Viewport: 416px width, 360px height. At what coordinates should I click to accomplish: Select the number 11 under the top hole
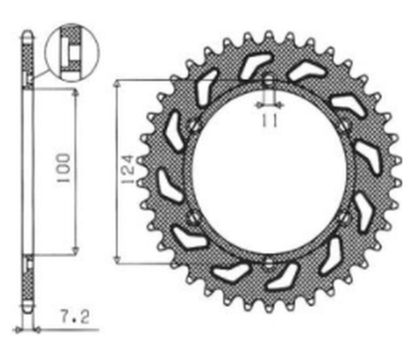(x=269, y=120)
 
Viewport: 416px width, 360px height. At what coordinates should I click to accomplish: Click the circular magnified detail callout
(x=72, y=54)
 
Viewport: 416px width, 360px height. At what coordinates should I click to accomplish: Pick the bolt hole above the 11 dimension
(x=269, y=81)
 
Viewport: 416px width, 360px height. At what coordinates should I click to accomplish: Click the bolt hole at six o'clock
(x=268, y=262)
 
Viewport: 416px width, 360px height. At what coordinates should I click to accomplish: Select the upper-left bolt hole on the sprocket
(x=193, y=125)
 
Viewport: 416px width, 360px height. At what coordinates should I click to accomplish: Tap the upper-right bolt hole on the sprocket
(x=345, y=125)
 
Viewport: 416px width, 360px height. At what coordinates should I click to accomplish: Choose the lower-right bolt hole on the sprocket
(x=345, y=216)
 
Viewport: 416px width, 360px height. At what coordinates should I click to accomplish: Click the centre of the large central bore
(x=269, y=171)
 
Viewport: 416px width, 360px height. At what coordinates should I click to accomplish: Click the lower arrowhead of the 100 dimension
(x=75, y=251)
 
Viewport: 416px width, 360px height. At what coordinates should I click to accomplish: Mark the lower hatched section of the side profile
(x=28, y=283)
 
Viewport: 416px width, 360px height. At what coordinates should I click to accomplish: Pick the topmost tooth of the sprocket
(x=269, y=36)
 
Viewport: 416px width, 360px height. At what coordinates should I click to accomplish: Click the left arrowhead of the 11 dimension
(x=258, y=106)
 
